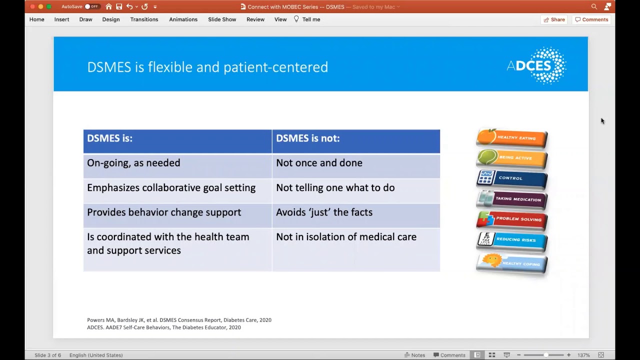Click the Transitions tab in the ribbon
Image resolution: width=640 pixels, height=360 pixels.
tap(144, 19)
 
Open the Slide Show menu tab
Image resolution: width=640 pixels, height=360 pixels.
tap(222, 19)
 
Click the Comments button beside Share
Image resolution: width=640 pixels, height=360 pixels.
tap(591, 19)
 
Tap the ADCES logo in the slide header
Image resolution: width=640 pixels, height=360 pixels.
tap(536, 65)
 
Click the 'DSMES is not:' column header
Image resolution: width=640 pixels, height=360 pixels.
tap(307, 138)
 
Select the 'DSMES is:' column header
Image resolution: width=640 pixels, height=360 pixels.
tap(110, 138)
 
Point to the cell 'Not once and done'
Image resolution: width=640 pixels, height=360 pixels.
tap(319, 163)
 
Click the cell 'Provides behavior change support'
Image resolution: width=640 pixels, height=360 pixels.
tap(164, 212)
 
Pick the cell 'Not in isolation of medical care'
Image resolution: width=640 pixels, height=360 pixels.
tap(346, 237)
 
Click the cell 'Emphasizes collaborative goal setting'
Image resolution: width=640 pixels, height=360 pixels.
tap(171, 188)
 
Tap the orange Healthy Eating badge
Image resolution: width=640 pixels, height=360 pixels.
tap(511, 138)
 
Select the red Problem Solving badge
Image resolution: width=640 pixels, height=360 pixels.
tap(511, 219)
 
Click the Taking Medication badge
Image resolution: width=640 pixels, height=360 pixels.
tap(511, 199)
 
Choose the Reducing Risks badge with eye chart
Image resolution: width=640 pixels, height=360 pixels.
tap(511, 240)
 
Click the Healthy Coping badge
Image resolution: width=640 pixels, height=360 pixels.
tap(511, 263)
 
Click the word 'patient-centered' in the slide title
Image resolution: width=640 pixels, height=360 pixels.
tap(275, 67)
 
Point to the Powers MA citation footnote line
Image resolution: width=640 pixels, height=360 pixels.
tap(179, 320)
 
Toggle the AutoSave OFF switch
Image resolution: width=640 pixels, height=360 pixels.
tap(92, 6)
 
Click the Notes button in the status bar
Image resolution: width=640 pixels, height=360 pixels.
tap(414, 355)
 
